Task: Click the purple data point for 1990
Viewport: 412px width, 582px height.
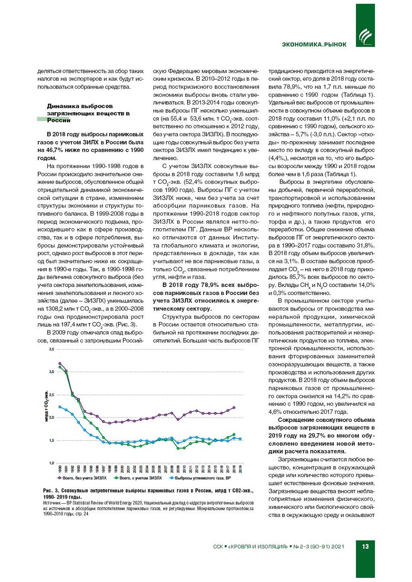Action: pyautogui.click(x=60, y=363)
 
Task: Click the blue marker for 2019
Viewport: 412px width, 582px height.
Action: pyautogui.click(x=240, y=439)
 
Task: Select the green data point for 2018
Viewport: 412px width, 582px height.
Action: pyautogui.click(x=234, y=435)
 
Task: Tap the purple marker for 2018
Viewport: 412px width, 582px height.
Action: pyautogui.click(x=234, y=408)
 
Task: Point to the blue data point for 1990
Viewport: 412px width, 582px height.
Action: pyautogui.click(x=60, y=407)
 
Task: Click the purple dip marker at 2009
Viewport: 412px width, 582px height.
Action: pyautogui.click(x=178, y=419)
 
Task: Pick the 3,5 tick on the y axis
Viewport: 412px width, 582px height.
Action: pyautogui.click(x=51, y=349)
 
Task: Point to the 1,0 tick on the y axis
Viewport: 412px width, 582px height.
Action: pyautogui.click(x=51, y=463)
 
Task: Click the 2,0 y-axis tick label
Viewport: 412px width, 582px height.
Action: pyautogui.click(x=51, y=418)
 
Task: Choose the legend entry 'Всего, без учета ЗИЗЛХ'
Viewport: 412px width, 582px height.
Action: pyautogui.click(x=82, y=478)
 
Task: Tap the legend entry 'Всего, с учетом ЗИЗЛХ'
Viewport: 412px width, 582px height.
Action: pyautogui.click(x=138, y=478)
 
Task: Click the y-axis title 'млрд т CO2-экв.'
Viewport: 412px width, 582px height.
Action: pyautogui.click(x=46, y=406)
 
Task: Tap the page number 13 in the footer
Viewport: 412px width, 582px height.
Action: pyautogui.click(x=365, y=547)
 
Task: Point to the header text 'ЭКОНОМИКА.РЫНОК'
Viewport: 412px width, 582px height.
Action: pyautogui.click(x=314, y=45)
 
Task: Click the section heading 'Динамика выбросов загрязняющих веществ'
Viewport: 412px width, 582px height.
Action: pyautogui.click(x=88, y=113)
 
